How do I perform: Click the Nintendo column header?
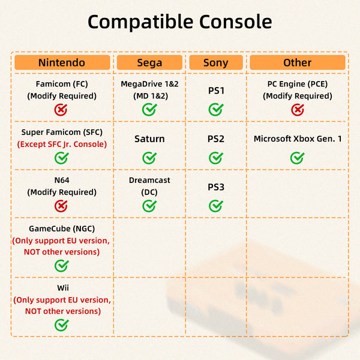click(x=62, y=62)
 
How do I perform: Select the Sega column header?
click(x=149, y=62)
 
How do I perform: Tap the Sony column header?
click(x=216, y=62)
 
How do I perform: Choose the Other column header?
click(x=298, y=62)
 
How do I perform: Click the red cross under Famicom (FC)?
click(x=61, y=110)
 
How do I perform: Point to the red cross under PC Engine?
click(x=298, y=110)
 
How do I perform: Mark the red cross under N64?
click(x=61, y=206)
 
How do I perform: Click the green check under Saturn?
click(x=149, y=158)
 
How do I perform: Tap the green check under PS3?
click(x=216, y=206)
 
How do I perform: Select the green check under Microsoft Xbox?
click(x=298, y=158)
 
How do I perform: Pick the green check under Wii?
click(x=62, y=325)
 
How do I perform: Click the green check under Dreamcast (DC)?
click(x=149, y=206)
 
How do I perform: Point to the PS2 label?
click(x=216, y=139)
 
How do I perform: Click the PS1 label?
click(x=216, y=91)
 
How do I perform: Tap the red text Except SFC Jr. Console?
click(x=62, y=144)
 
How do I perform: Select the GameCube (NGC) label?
click(x=62, y=229)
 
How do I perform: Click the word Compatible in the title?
click(x=140, y=22)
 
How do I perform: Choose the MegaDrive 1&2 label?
click(x=149, y=84)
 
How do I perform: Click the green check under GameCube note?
click(x=62, y=266)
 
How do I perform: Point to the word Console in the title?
click(x=236, y=22)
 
